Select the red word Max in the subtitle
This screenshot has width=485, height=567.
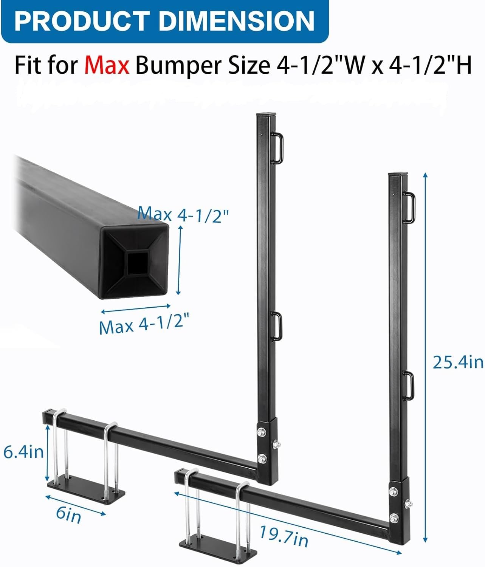[107, 65]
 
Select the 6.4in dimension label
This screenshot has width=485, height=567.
[23, 452]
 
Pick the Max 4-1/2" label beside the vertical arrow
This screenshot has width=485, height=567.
[183, 215]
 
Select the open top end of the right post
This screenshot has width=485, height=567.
[398, 175]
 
